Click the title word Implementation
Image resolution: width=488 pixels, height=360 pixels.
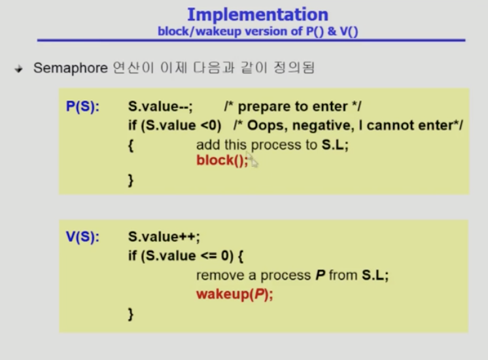click(x=258, y=14)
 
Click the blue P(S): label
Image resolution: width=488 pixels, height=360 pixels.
click(x=82, y=107)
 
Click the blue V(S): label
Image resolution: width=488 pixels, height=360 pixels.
click(x=82, y=237)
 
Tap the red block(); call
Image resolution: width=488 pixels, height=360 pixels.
click(x=222, y=160)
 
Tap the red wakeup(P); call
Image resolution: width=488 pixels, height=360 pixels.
click(x=235, y=294)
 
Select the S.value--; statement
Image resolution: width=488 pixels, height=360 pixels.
click(x=160, y=107)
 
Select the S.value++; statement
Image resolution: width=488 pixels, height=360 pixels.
click(x=164, y=237)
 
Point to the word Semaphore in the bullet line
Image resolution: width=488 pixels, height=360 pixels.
click(x=71, y=68)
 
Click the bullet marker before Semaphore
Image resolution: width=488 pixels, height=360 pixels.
click(x=19, y=69)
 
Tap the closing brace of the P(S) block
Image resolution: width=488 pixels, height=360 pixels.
click(x=131, y=180)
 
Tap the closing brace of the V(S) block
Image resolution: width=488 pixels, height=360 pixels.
click(x=131, y=314)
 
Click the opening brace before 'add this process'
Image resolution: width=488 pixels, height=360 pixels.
click(x=131, y=145)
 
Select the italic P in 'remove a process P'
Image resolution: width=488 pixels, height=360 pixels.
click(x=321, y=275)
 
